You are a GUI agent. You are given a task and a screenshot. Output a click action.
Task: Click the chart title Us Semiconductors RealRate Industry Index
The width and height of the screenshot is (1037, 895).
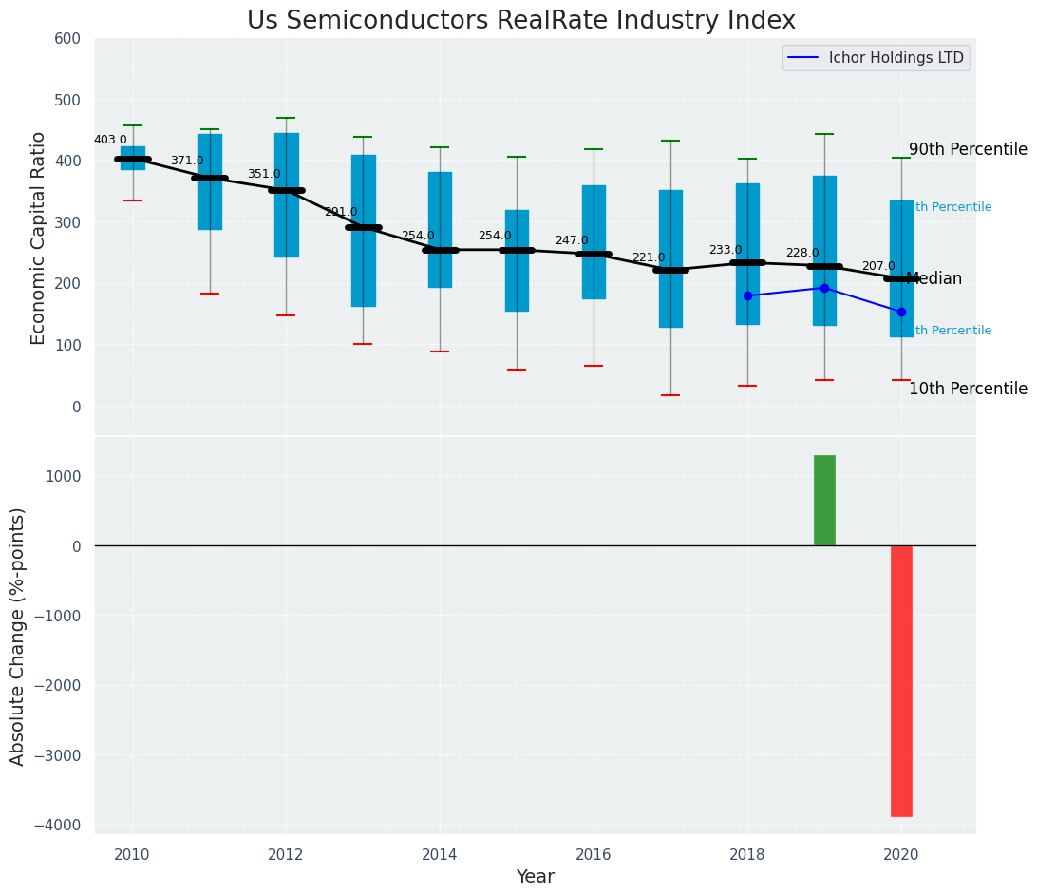coord(520,21)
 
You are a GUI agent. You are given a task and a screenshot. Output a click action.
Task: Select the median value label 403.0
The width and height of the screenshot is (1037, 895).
coord(110,140)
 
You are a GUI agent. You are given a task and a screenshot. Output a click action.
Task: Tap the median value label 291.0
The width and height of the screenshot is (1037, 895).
coord(341,212)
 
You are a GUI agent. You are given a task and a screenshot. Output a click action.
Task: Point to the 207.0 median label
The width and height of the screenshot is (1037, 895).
coord(878,266)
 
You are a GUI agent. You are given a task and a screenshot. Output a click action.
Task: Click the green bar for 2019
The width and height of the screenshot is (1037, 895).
coord(824,500)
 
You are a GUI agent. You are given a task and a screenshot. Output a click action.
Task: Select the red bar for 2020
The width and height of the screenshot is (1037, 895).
coord(901,680)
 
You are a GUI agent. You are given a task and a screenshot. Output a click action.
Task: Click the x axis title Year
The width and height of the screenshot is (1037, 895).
coord(535,877)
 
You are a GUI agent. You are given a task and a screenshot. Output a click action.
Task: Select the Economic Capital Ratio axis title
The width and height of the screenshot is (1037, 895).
coord(39,238)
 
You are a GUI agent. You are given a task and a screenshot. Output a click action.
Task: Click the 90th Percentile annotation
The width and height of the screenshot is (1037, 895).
coord(968,150)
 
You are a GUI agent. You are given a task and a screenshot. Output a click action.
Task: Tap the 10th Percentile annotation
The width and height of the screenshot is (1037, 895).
coord(968,389)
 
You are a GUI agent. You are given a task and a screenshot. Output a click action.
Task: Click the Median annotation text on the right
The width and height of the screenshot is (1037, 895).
coord(934,278)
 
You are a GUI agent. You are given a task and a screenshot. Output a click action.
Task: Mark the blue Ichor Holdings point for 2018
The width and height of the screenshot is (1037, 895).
coord(747,295)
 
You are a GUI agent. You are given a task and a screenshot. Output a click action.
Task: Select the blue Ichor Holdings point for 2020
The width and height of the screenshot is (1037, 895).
coord(901,312)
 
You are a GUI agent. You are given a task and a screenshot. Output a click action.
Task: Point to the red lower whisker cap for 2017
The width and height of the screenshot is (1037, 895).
coord(670,395)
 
